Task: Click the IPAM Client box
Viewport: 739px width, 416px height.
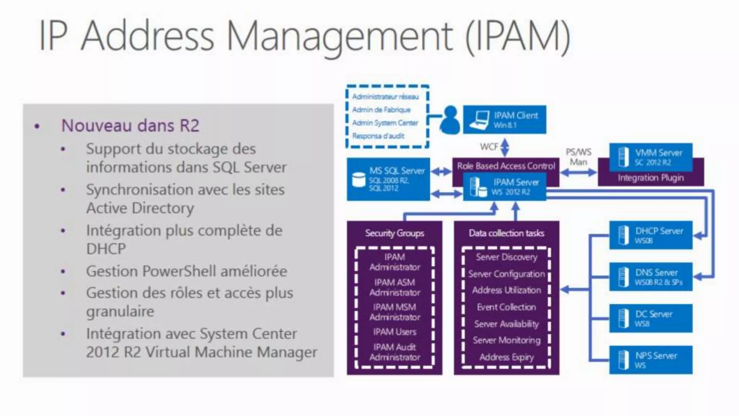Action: pos(504,120)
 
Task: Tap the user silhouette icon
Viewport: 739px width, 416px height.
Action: pos(450,120)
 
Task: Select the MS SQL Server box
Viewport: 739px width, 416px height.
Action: pos(388,179)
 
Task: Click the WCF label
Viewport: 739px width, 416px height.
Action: pos(489,147)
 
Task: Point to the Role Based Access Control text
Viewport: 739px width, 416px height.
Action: pos(506,166)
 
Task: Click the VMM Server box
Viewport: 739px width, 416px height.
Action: pos(651,157)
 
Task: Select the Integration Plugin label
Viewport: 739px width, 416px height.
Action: pos(651,178)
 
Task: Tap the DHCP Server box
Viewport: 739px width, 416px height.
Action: pos(651,235)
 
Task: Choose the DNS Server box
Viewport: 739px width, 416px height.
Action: pos(651,277)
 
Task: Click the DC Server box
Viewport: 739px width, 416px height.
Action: pos(651,318)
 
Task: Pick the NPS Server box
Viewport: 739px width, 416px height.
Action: pos(651,360)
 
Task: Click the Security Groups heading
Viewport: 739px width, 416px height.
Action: pos(394,233)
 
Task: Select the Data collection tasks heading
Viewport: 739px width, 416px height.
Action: pos(506,233)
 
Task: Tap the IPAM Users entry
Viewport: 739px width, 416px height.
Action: pos(395,331)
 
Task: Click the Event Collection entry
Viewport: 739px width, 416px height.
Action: pos(506,307)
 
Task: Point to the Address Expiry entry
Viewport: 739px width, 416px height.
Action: pos(506,357)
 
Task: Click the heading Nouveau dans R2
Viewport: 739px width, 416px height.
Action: pos(130,126)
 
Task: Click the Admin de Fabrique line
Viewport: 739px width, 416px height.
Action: pos(381,110)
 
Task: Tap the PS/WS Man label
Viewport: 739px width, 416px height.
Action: pos(578,157)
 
